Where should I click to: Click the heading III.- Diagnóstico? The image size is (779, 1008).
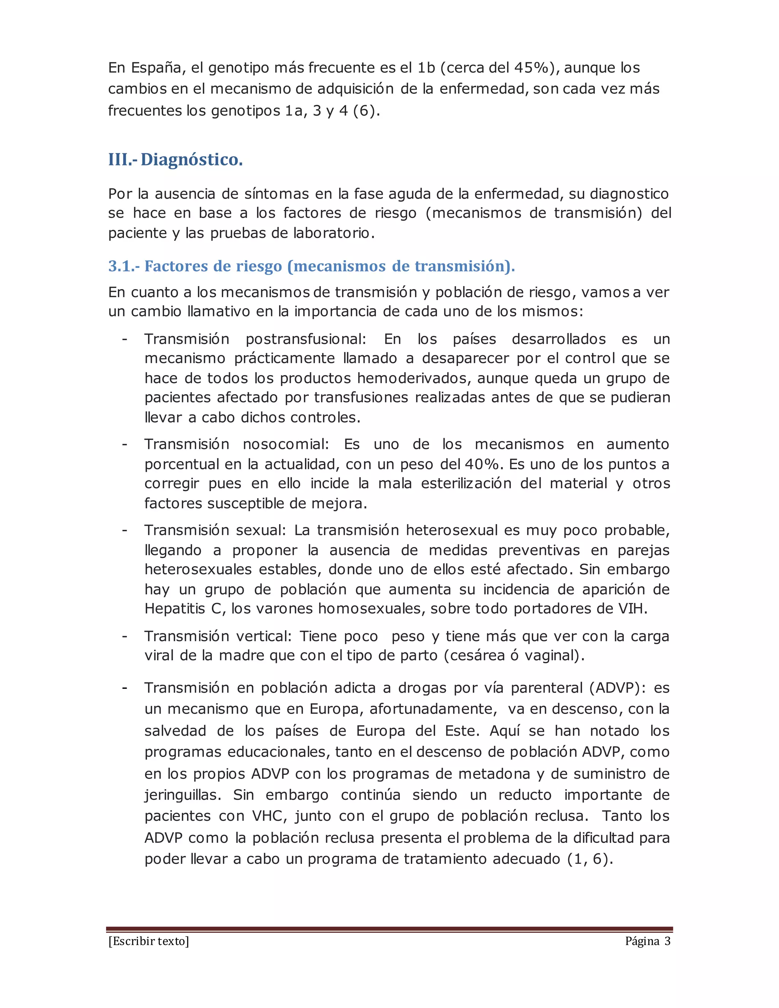pos(175,160)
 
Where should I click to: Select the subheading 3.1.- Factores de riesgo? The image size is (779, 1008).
pos(312,266)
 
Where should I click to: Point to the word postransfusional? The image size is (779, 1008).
pos(305,339)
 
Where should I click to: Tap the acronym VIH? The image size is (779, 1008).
pos(631,609)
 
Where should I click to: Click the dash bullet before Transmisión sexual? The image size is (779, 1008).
pos(125,530)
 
